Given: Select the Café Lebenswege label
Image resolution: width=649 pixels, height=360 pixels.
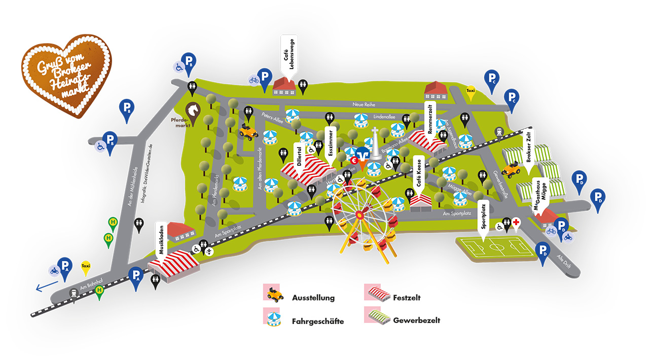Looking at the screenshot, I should [286, 55].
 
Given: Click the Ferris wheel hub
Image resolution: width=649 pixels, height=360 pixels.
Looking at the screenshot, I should [361, 215].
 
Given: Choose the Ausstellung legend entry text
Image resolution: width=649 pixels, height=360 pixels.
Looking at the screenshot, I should [313, 298].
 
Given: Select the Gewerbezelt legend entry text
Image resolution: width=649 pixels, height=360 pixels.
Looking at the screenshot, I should [416, 320].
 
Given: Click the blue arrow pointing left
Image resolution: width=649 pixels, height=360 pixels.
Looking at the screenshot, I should [45, 287].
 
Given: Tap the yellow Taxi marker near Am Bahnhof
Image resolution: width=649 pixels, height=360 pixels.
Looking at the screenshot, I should [86, 266].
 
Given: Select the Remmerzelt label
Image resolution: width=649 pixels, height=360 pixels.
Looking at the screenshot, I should [430, 116].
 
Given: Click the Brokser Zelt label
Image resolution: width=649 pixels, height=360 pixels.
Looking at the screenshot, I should [528, 146].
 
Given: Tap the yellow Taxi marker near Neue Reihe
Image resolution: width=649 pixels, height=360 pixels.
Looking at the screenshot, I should [471, 92].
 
